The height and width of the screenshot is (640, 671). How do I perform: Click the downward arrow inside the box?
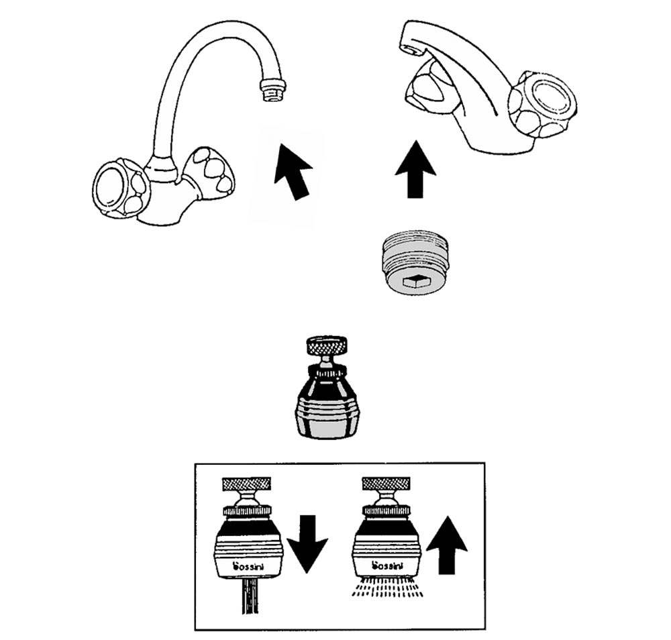[307, 541]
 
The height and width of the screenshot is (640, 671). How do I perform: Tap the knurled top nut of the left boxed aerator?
[246, 484]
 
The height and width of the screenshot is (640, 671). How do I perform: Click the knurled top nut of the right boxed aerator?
[385, 484]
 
